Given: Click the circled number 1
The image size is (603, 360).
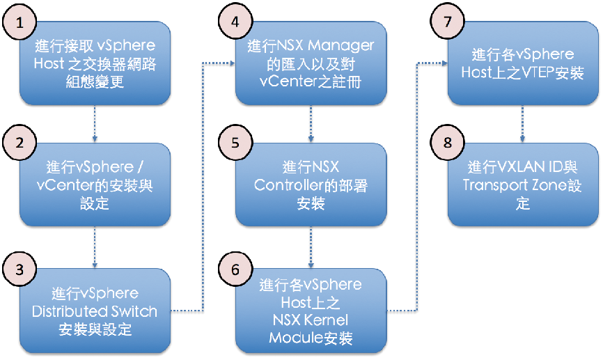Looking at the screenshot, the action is [19, 22].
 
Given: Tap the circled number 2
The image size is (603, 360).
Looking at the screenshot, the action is [19, 142].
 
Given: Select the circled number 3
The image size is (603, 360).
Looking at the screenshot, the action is [19, 269].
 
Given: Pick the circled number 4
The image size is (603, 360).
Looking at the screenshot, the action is [235, 22].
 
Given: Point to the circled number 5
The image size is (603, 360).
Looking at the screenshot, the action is [235, 142].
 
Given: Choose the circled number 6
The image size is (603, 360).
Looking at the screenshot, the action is [235, 269].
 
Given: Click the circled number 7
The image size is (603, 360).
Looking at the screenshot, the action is [448, 22].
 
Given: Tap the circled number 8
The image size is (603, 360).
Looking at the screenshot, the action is [448, 142].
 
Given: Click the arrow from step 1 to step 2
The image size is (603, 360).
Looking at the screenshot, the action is [95, 124].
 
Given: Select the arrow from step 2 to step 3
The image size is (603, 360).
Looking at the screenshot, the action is [95, 247].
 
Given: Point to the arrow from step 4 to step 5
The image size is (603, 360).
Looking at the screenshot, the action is [311, 124].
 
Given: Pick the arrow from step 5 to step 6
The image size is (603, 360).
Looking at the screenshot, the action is [311, 247].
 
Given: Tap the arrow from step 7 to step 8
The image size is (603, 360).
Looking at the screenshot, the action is [522, 124].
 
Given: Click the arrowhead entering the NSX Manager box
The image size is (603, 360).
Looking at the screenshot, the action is [233, 63].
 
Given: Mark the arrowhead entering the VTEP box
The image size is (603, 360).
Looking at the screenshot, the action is [445, 63].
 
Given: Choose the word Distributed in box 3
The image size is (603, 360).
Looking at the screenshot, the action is [64, 311].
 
